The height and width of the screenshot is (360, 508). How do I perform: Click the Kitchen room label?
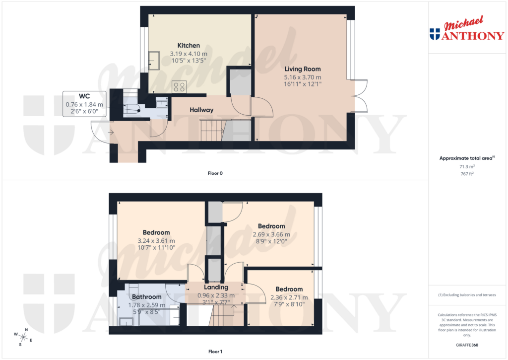[x=189, y=46]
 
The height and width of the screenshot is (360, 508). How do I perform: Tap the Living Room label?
[x=302, y=69]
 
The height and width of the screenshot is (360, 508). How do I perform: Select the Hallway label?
[x=201, y=110]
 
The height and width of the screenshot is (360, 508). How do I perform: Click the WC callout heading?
[x=84, y=96]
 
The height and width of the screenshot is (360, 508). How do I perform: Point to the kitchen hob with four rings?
[x=179, y=87]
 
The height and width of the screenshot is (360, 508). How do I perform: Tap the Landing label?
[x=216, y=287]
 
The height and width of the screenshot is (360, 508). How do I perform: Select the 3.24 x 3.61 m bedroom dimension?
[x=156, y=241]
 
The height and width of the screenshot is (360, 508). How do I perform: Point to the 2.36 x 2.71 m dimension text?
[x=289, y=297]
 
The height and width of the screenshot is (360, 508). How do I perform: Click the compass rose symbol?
[x=23, y=337]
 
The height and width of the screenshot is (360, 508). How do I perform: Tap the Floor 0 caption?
[x=215, y=173]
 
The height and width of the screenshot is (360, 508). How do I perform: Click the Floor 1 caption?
[x=215, y=352]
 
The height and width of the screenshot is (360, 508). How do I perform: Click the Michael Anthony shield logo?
[x=435, y=34]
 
